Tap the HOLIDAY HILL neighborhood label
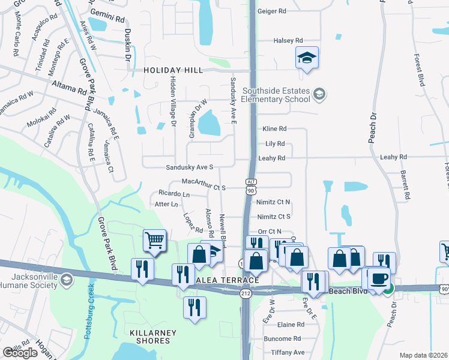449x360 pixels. (x=173, y=70)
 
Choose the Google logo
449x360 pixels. (x=20, y=353)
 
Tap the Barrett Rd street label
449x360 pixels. (x=406, y=185)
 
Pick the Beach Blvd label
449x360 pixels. (x=348, y=291)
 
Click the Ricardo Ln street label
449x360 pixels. (x=174, y=194)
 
